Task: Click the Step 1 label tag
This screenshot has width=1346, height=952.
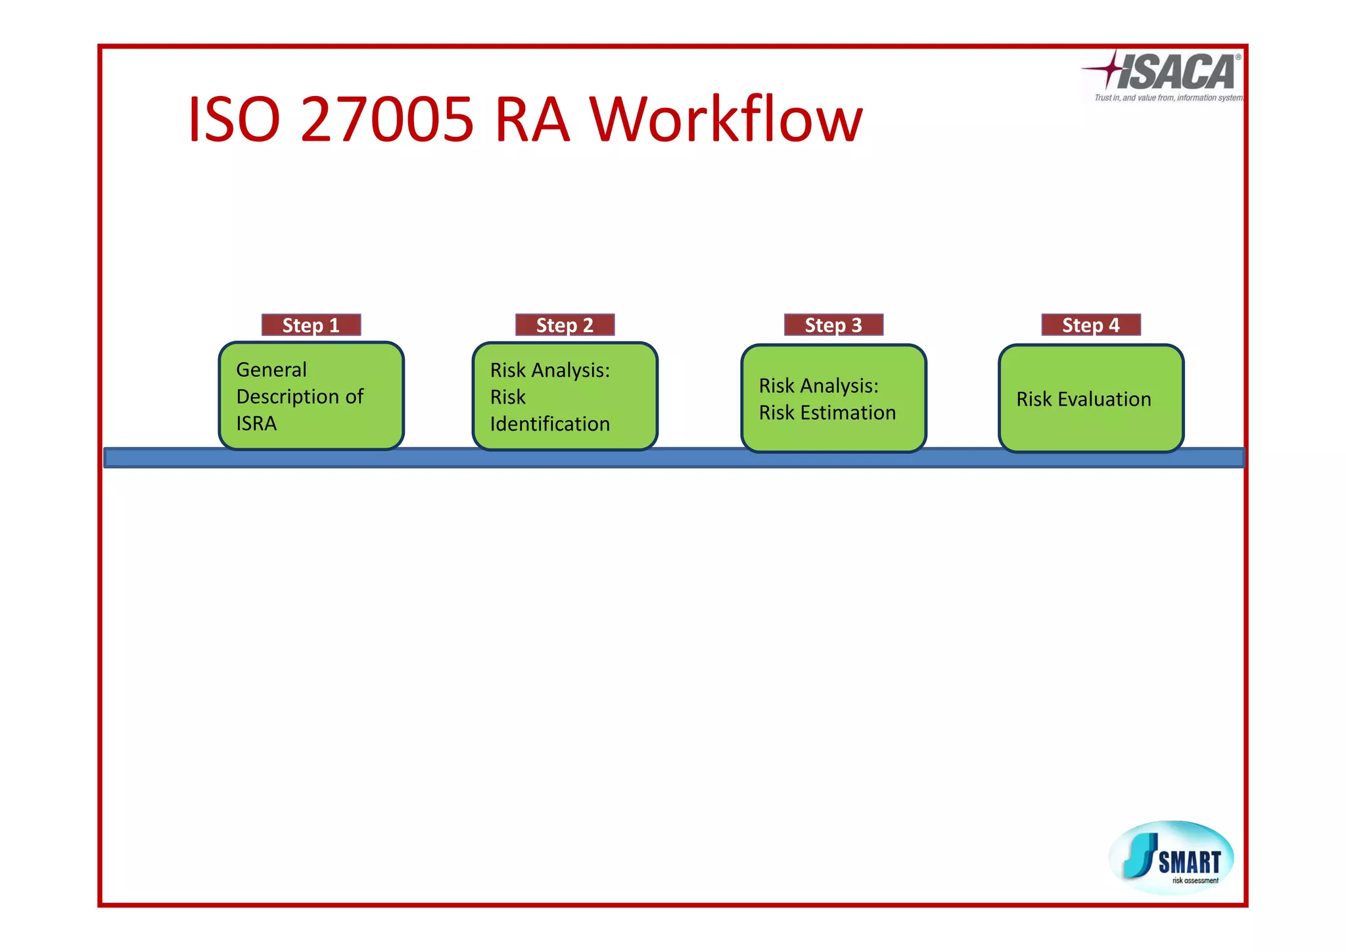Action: click(x=311, y=325)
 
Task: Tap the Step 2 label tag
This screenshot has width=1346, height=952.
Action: click(x=565, y=325)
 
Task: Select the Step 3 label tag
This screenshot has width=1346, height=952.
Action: click(x=833, y=325)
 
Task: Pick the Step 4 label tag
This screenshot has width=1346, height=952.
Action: click(x=1091, y=325)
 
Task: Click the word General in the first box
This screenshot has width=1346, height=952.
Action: click(x=271, y=369)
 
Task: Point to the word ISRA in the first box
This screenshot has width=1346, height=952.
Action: click(x=256, y=423)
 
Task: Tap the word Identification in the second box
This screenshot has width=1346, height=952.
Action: click(x=550, y=424)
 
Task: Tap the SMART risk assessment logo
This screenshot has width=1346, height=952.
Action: click(x=1171, y=857)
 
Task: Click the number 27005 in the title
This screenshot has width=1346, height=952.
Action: click(x=386, y=120)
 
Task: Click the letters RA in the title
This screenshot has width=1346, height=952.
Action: click(x=532, y=120)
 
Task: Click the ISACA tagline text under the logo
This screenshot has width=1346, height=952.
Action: click(x=1168, y=98)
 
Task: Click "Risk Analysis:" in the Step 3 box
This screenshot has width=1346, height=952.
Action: click(x=818, y=386)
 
